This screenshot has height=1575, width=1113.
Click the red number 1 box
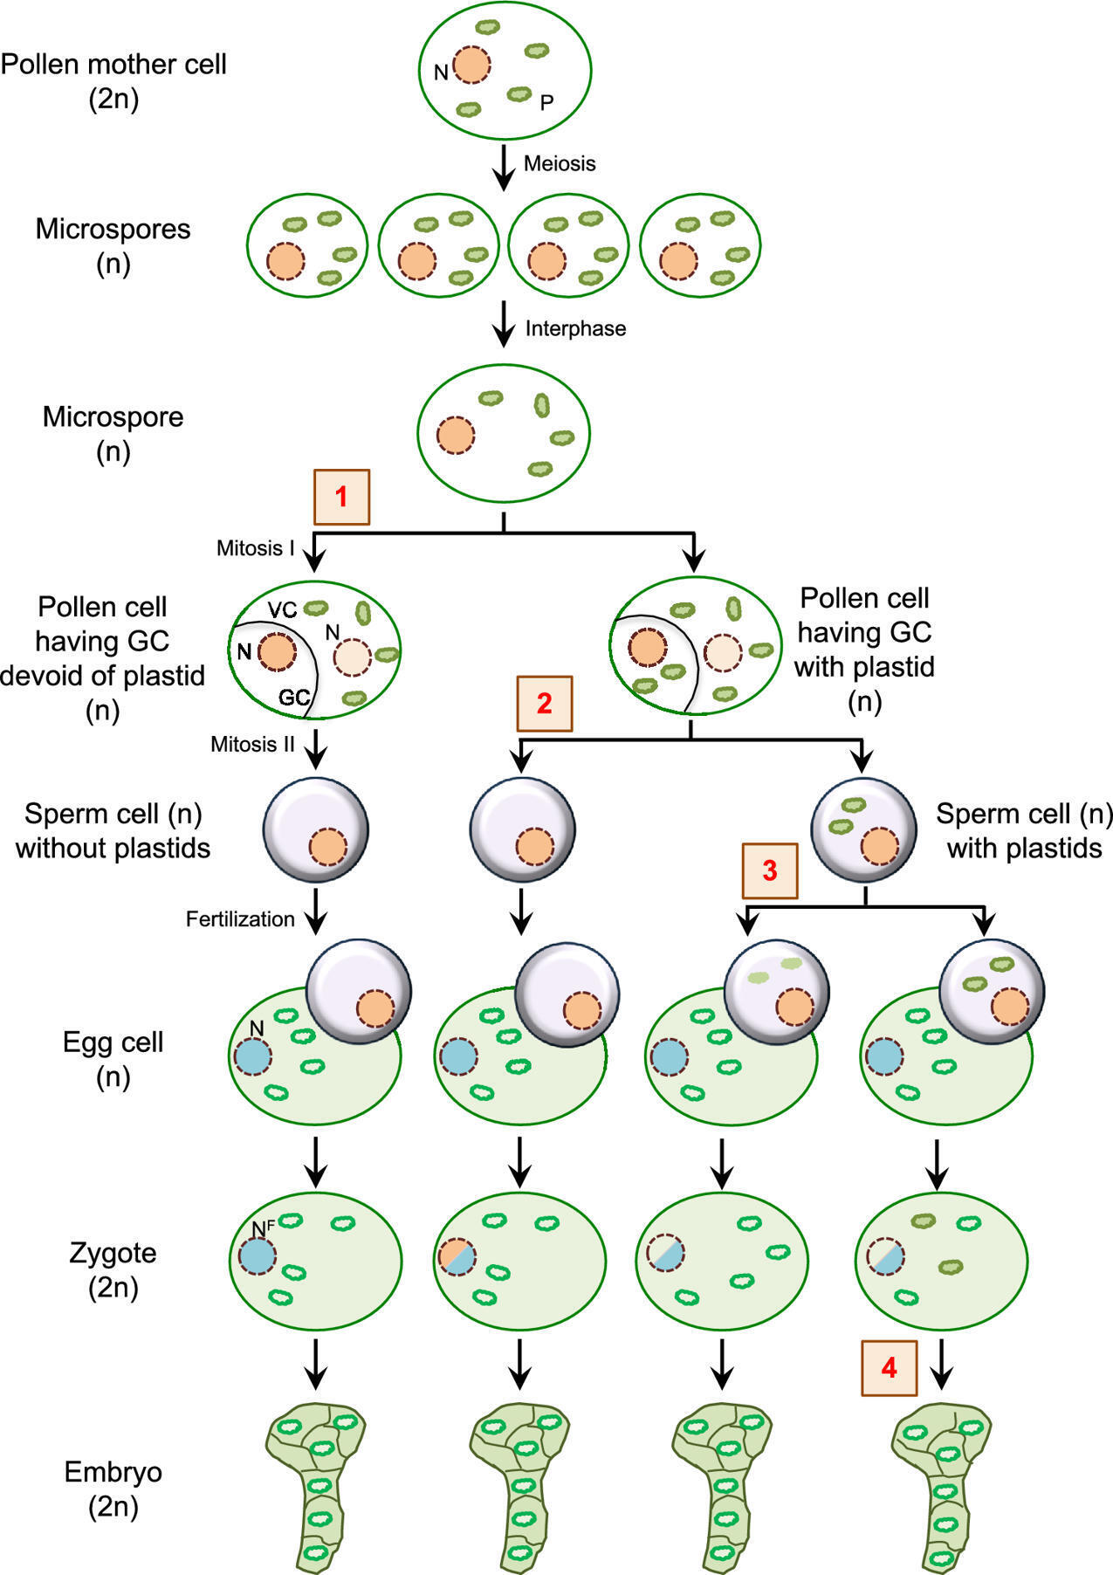(341, 497)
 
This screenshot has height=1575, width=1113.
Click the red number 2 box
(545, 703)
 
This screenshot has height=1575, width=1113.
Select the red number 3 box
(769, 870)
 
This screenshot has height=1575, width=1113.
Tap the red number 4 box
(889, 1367)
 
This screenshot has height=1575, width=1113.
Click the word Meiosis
(560, 164)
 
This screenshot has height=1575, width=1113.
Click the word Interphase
(575, 329)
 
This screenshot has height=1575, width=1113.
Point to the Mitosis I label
(255, 549)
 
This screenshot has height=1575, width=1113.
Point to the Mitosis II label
(252, 745)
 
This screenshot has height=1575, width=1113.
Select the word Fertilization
(240, 919)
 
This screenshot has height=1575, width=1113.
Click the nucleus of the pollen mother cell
(471, 65)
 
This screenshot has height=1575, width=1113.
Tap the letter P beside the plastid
(546, 103)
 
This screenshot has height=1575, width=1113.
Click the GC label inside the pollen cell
(294, 698)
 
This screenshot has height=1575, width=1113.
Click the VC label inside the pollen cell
(282, 609)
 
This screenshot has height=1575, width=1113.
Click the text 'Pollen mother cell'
(113, 65)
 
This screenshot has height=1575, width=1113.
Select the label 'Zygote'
(113, 1253)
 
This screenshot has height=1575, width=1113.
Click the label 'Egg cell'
(113, 1042)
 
